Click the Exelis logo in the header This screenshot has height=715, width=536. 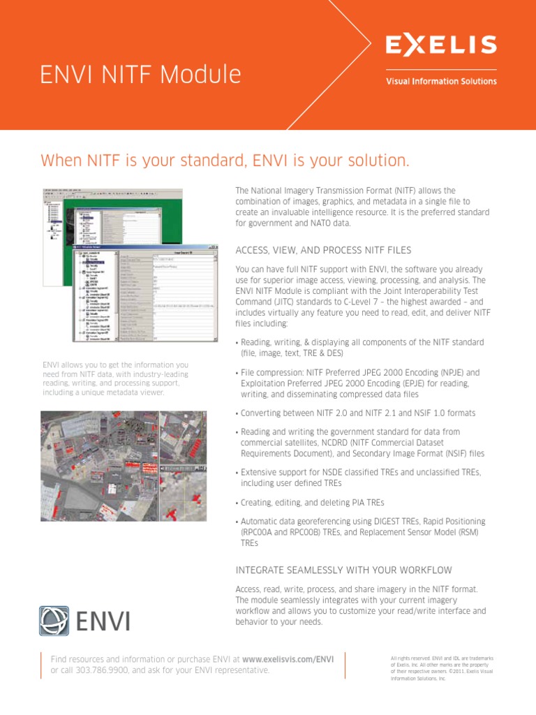441,45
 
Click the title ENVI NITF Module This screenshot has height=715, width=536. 141,74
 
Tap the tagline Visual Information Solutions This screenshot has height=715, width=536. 441,81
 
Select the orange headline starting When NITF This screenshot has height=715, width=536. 225,161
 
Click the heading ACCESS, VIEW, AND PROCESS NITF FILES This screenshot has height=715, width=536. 323,250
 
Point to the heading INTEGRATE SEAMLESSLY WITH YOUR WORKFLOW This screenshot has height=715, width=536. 343,570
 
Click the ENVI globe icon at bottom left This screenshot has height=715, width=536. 54,621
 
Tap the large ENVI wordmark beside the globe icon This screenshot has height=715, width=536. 103,621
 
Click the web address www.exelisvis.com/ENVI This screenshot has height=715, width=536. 288,658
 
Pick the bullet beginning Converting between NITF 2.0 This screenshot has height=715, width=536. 357,413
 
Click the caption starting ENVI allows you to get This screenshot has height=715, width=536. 115,378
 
